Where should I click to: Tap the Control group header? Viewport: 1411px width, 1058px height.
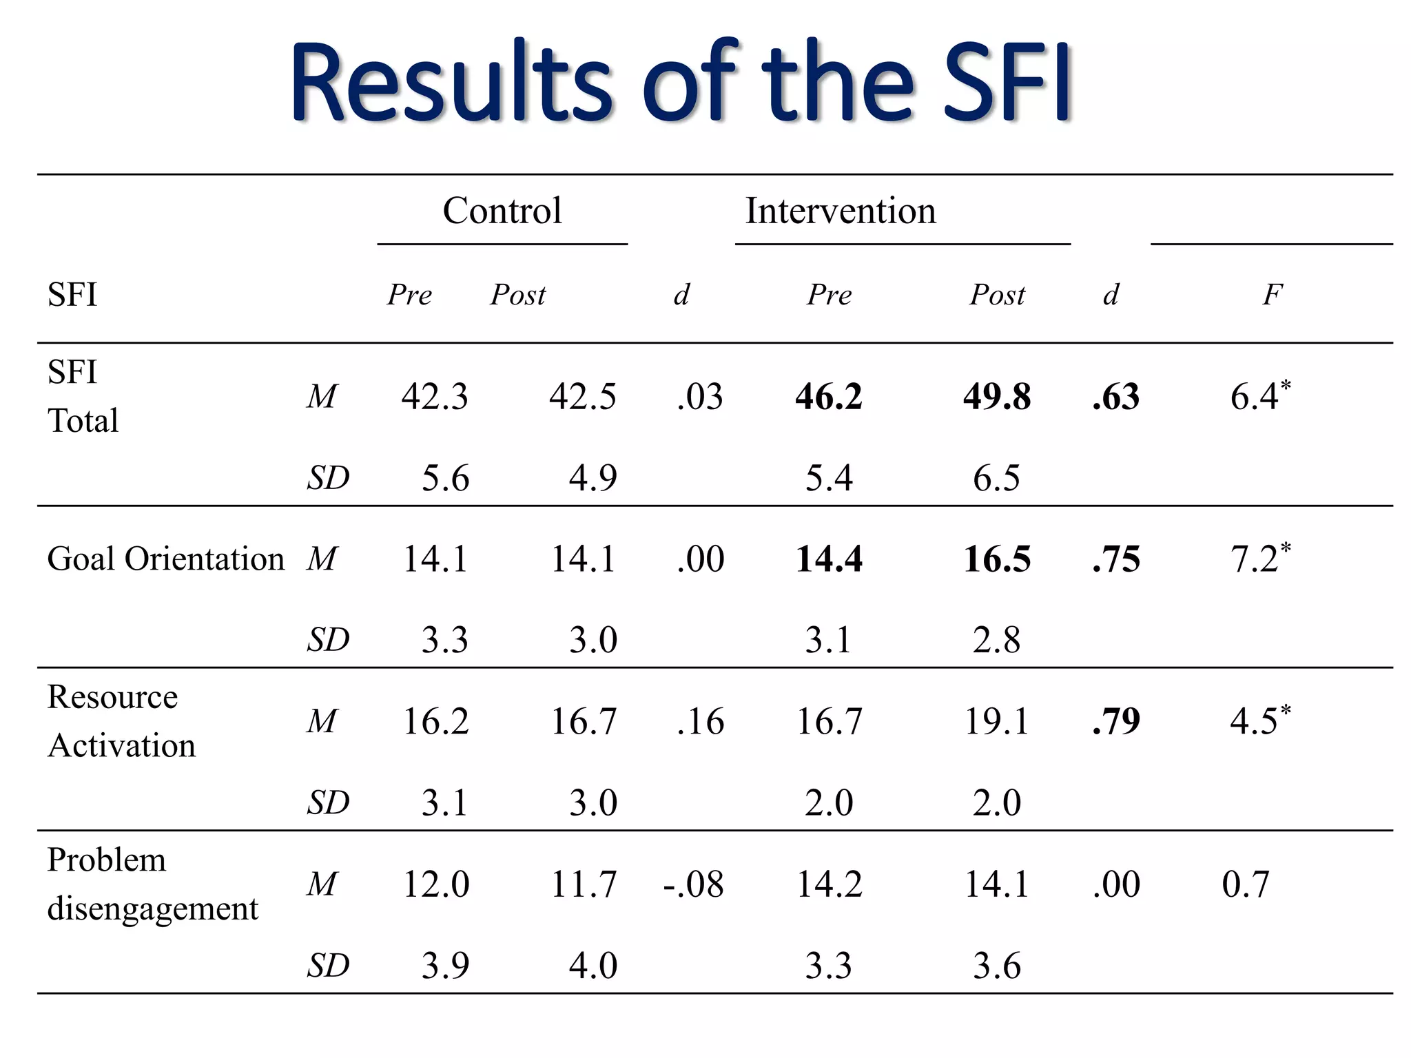click(x=502, y=210)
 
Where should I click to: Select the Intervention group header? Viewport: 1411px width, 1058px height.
click(x=841, y=210)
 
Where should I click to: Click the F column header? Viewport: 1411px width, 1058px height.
click(x=1272, y=295)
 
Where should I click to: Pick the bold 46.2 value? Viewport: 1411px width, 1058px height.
click(x=828, y=397)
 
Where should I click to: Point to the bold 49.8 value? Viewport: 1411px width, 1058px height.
click(x=996, y=397)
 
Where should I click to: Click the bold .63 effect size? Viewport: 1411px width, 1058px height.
click(x=1116, y=397)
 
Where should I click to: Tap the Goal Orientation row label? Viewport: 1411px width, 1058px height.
click(x=165, y=559)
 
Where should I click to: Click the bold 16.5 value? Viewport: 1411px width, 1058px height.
click(x=996, y=559)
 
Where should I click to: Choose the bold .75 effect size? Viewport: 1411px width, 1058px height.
click(x=1116, y=559)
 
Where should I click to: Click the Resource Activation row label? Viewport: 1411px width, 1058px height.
click(x=121, y=721)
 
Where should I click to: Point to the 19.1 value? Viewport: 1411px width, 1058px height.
click(x=996, y=721)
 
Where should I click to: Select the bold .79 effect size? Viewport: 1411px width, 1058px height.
click(x=1116, y=721)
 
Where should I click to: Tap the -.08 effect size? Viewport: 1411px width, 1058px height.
click(x=693, y=884)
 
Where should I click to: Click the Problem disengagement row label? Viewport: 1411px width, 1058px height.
click(x=152, y=884)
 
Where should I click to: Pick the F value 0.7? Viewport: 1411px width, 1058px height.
click(x=1245, y=884)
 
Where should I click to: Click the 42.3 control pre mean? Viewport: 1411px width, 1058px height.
click(x=435, y=397)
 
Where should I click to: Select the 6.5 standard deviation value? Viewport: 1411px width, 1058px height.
click(x=996, y=477)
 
